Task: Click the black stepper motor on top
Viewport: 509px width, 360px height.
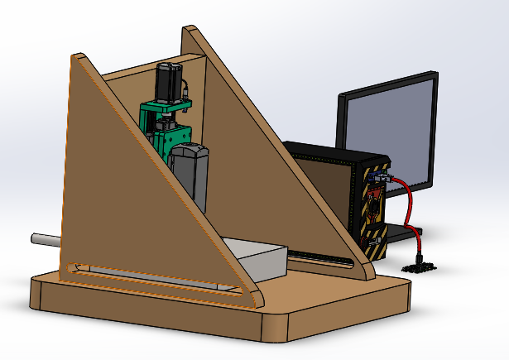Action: coord(169,81)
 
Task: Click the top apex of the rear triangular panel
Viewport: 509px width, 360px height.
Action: coord(191,31)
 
